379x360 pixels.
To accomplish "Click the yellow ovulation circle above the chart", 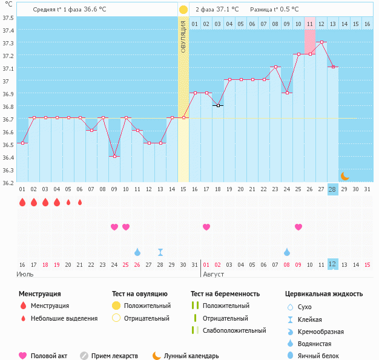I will click(183, 10).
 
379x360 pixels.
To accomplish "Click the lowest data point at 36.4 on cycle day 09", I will click(114, 156).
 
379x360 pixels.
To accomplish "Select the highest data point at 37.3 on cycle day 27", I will click(321, 42).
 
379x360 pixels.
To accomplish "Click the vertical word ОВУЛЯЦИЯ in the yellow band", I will click(183, 38).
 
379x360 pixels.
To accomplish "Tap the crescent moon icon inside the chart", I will click(344, 176).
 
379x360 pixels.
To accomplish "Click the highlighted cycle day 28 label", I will click(332, 189).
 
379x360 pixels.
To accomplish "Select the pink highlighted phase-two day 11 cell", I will click(310, 24).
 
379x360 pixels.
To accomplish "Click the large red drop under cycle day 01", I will click(22, 202).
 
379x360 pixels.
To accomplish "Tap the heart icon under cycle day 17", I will click(206, 227).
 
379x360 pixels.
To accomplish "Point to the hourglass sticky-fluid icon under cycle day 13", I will click(160, 252).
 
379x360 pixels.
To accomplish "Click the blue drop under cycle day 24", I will click(286, 252).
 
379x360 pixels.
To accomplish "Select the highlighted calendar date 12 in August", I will click(332, 264).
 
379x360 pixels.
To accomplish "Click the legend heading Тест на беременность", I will click(225, 293).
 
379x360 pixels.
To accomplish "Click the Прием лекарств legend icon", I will click(84, 356).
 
